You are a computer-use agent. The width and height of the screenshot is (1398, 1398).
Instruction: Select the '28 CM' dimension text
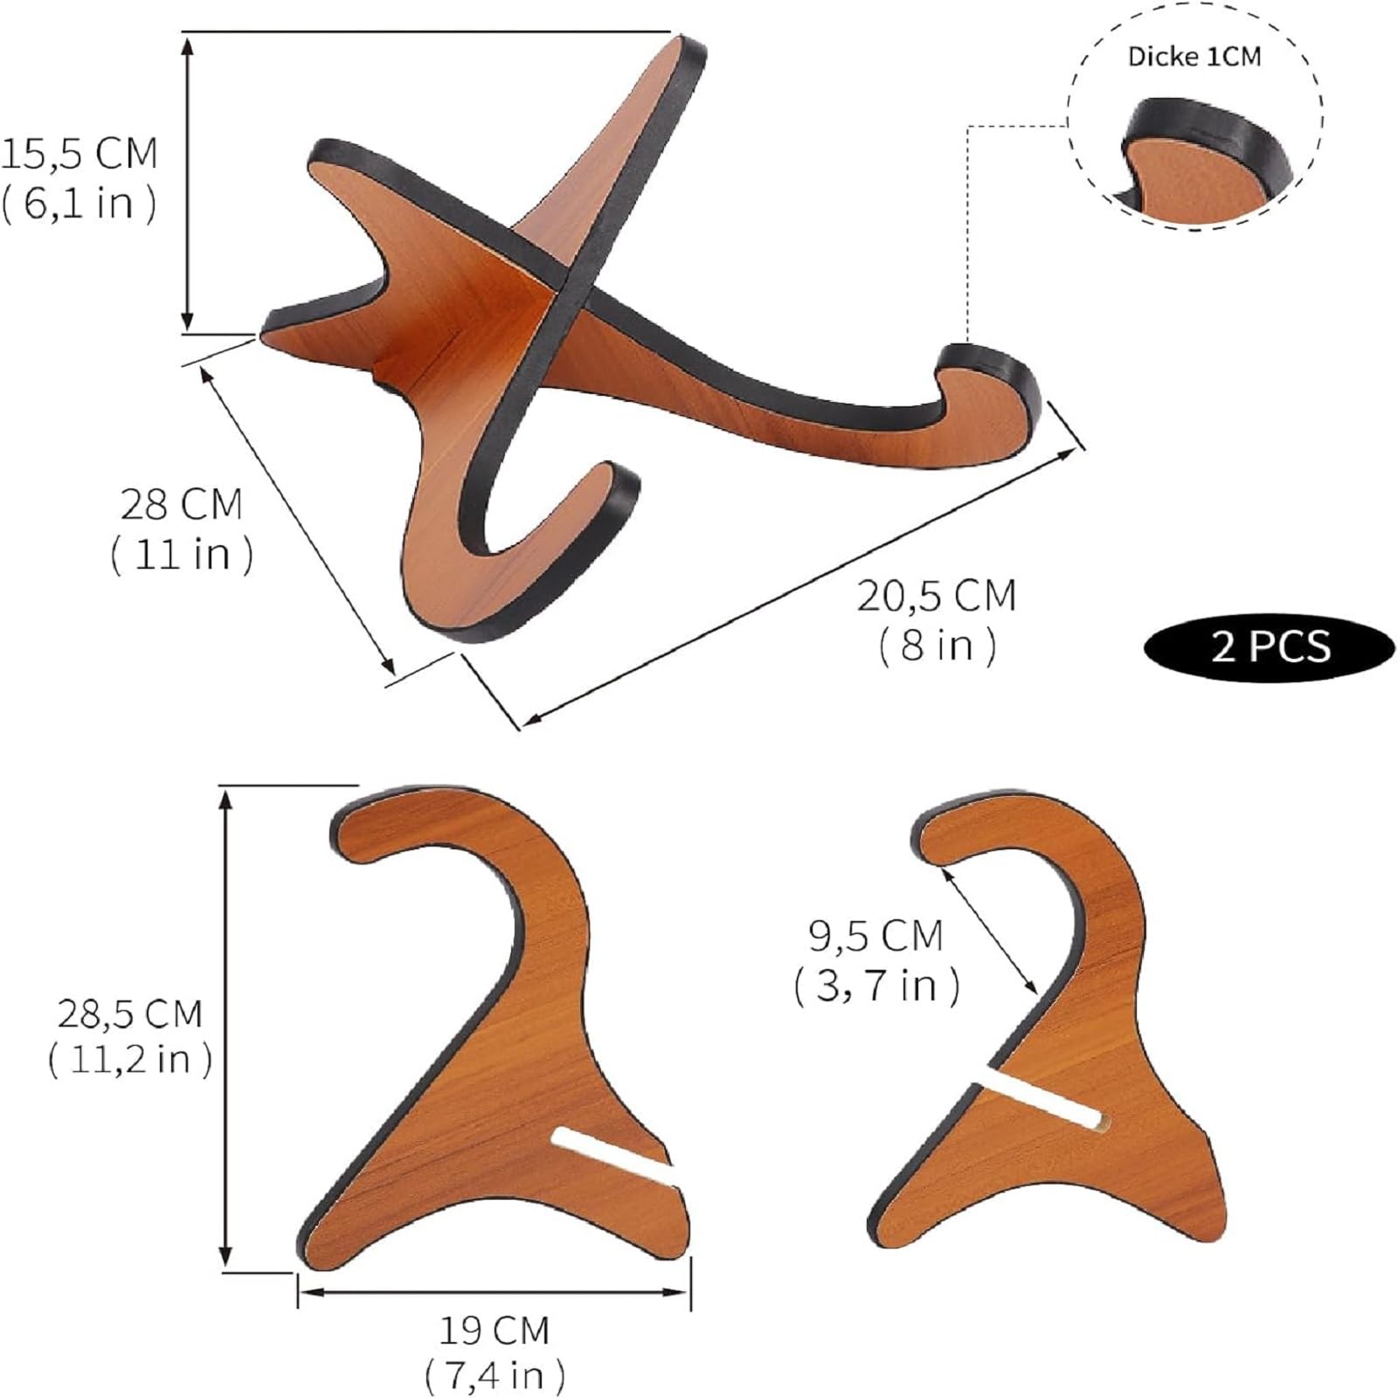click(181, 505)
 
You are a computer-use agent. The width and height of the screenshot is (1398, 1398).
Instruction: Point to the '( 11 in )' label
click(182, 554)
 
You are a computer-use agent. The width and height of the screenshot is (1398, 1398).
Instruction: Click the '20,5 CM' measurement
click(936, 597)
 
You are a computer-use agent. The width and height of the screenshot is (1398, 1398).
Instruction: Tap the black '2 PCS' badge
click(1270, 647)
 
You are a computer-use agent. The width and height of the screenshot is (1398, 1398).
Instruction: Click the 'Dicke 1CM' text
click(1194, 58)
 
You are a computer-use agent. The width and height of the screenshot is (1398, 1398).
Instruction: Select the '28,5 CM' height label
click(129, 1014)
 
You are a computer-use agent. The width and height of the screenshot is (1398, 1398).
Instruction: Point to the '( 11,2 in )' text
click(129, 1060)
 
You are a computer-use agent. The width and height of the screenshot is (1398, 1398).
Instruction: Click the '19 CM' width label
click(494, 1331)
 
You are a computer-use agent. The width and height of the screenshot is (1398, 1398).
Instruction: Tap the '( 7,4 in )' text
click(494, 1376)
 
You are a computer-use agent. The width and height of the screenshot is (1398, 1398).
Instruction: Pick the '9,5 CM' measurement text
click(875, 936)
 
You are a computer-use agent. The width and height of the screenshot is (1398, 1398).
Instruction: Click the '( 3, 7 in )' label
click(876, 986)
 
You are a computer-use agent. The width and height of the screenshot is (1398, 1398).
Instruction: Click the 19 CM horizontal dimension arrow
click(494, 1291)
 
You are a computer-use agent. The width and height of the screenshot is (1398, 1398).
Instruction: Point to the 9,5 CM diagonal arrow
click(991, 929)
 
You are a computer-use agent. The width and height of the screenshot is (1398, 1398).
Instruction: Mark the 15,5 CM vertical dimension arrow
click(187, 183)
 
